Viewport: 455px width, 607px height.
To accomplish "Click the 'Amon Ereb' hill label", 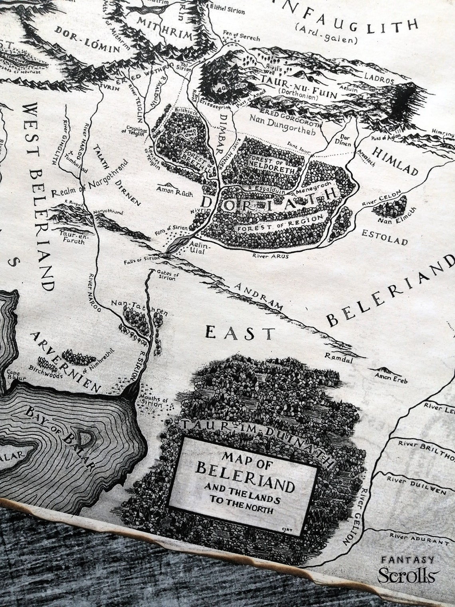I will (x=391, y=379).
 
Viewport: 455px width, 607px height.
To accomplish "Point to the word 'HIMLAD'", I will (x=396, y=161).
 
